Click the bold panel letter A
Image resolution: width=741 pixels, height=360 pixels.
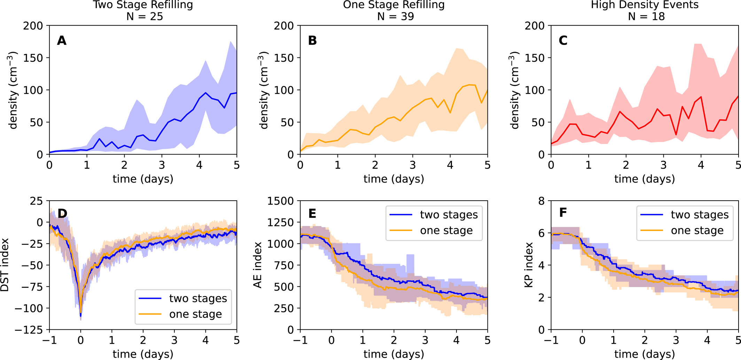62,41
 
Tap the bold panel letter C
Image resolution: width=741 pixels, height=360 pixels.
563,41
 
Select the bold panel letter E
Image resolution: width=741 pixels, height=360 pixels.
312,213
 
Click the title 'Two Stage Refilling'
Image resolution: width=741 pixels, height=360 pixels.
143,5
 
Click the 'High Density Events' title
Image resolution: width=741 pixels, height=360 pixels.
645,5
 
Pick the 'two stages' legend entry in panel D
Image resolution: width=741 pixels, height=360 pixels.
198,298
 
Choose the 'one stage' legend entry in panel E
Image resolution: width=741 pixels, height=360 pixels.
446,230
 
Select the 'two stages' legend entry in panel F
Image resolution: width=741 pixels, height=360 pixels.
700,214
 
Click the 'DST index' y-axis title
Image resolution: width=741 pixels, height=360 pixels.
5,265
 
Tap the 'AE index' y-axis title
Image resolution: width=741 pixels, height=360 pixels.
258,265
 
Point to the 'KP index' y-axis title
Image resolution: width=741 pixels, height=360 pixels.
529,265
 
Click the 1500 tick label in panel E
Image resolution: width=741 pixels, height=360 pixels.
280,201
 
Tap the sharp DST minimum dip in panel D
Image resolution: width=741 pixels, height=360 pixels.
81,315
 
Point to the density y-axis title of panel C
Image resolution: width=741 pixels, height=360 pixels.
515,91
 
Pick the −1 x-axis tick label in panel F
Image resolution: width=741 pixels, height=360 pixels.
551,340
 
